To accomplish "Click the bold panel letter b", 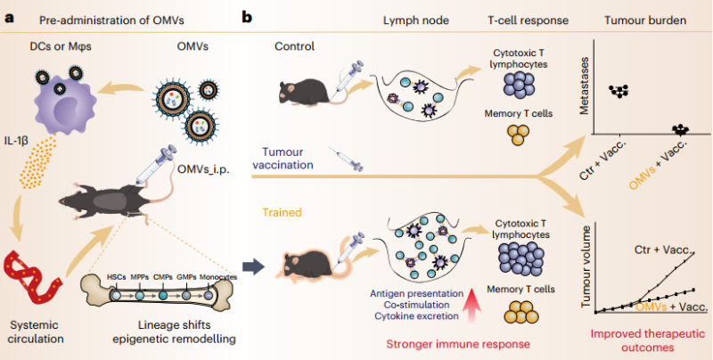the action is (247, 18).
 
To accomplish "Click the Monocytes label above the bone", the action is (218, 277).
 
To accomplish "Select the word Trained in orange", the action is (282, 212).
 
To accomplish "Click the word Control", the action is (294, 46).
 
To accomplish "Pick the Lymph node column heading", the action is (415, 20).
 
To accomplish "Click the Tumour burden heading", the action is (645, 20).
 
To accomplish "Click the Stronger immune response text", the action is (458, 344).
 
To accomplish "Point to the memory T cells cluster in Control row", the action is (518, 134).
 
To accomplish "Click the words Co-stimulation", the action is (416, 305).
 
